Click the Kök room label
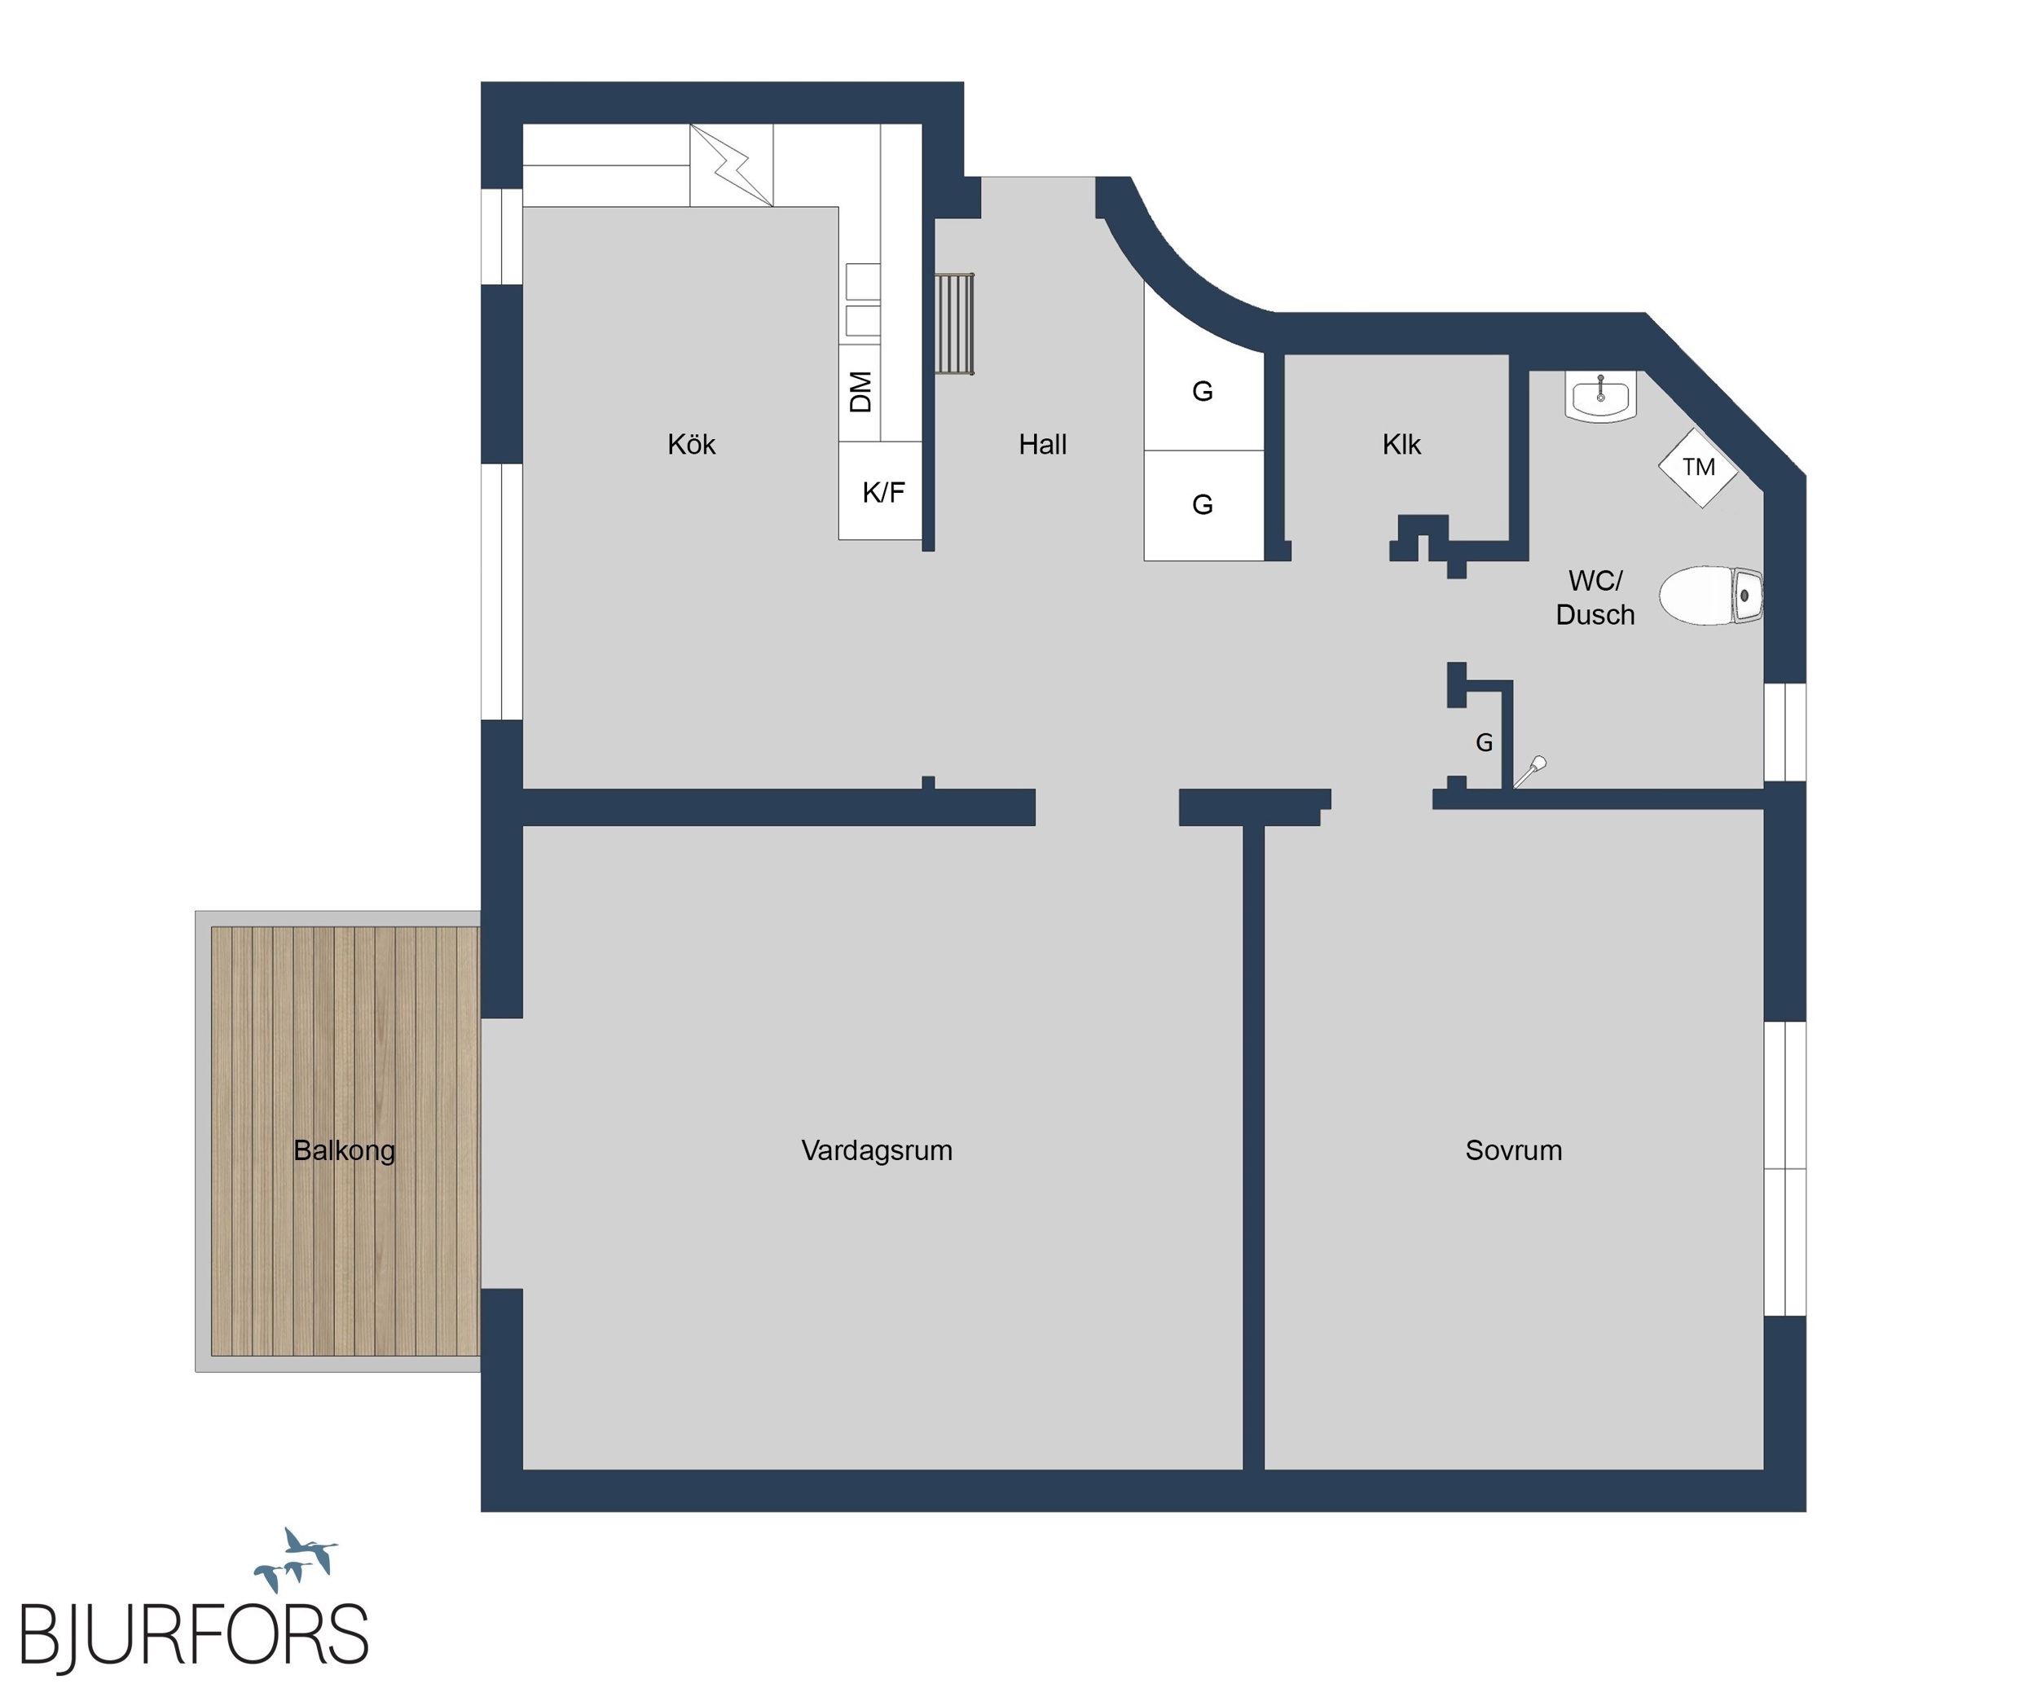(x=691, y=445)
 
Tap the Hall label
(x=1043, y=445)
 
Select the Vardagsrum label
(x=877, y=1151)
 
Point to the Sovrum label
(x=1513, y=1151)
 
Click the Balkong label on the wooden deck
(x=345, y=1151)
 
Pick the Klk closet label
(x=1401, y=445)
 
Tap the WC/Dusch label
(x=1595, y=597)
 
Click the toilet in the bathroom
(x=1710, y=596)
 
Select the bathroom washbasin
(x=1600, y=396)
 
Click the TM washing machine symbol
(x=1699, y=468)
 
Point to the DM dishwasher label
(x=860, y=392)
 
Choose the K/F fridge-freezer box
(x=881, y=490)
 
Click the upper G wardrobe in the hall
(x=1203, y=392)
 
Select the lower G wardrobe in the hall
(x=1203, y=505)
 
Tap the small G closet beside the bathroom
(x=1484, y=743)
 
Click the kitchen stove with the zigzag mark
(x=732, y=165)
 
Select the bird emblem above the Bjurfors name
(x=296, y=1559)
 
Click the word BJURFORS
(x=194, y=1636)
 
